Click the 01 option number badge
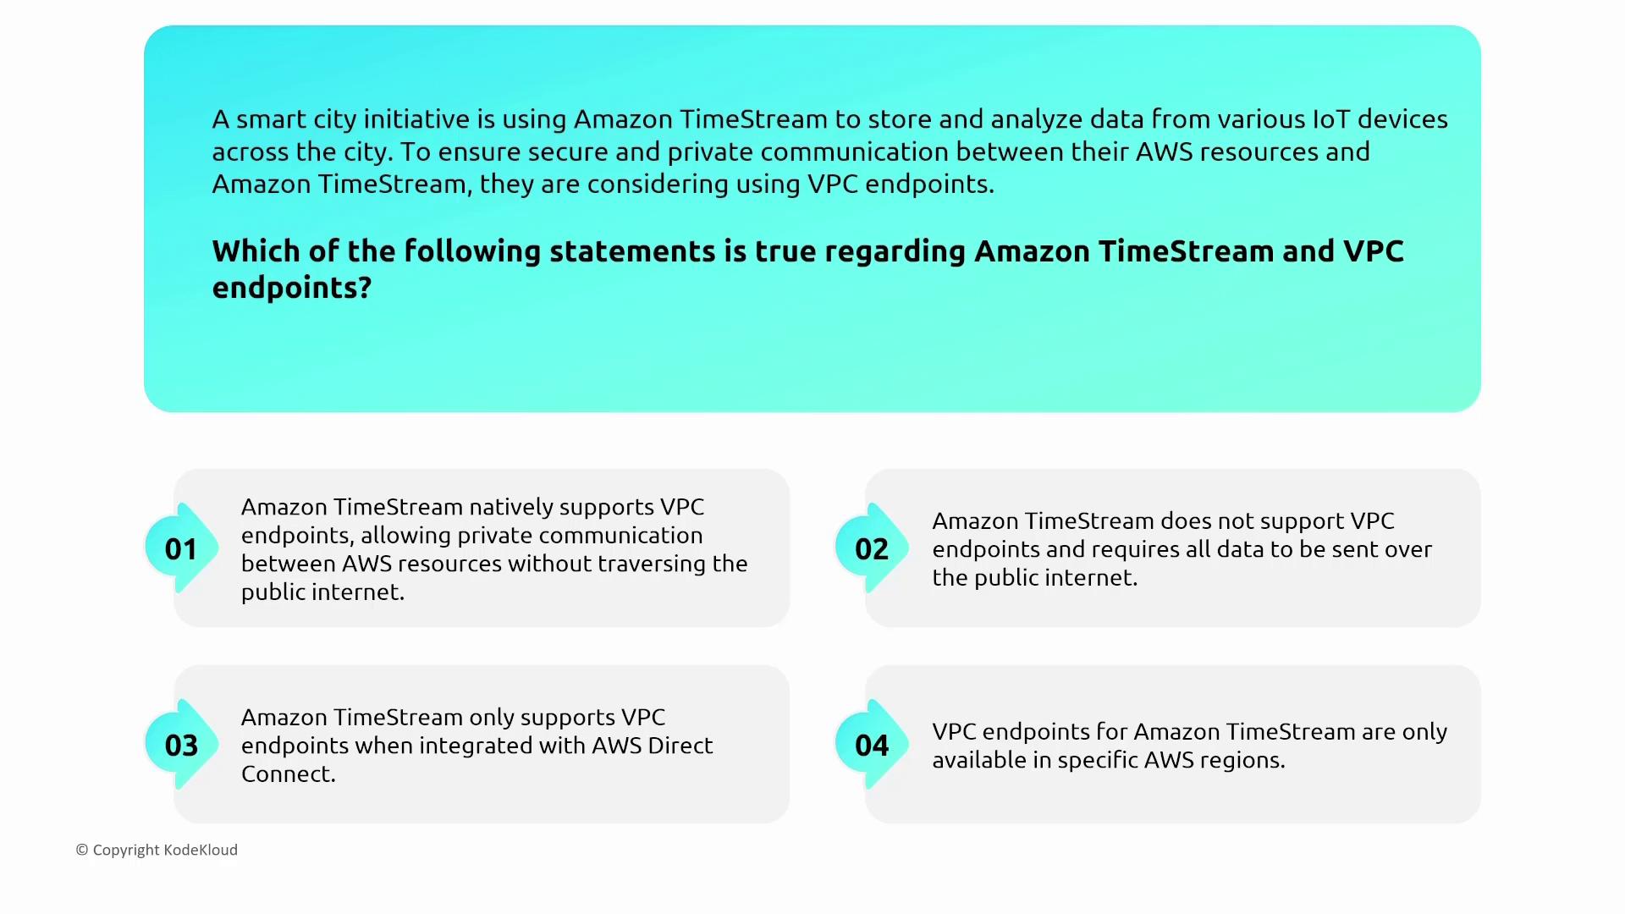click(x=181, y=548)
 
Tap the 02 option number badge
click(x=872, y=548)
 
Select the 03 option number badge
click(x=181, y=745)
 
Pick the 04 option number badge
click(x=872, y=745)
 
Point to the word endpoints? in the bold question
click(x=292, y=289)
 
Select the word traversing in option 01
click(x=649, y=564)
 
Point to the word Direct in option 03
click(x=680, y=746)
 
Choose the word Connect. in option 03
click(x=289, y=774)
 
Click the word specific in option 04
click(x=1097, y=761)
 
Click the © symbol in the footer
click(x=82, y=850)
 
